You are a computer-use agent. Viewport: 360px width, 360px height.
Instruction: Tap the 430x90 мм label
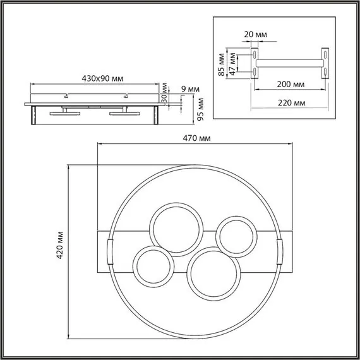pos(102,78)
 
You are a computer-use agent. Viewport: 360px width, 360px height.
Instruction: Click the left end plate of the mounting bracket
pos(255,63)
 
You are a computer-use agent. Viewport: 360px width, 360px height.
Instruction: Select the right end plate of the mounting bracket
pos(325,63)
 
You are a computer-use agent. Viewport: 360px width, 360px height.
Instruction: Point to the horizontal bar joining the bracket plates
pos(291,63)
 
